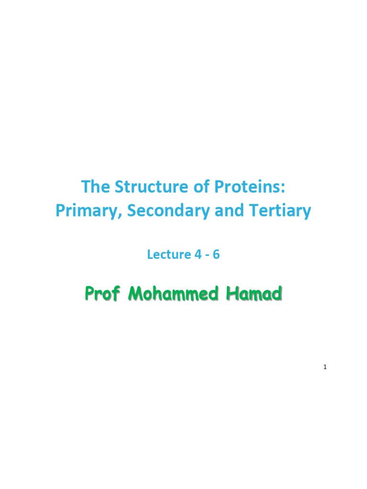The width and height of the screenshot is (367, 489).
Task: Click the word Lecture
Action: tap(169, 255)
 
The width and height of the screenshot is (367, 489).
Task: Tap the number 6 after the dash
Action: tap(216, 255)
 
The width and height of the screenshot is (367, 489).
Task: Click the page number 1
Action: tap(325, 367)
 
